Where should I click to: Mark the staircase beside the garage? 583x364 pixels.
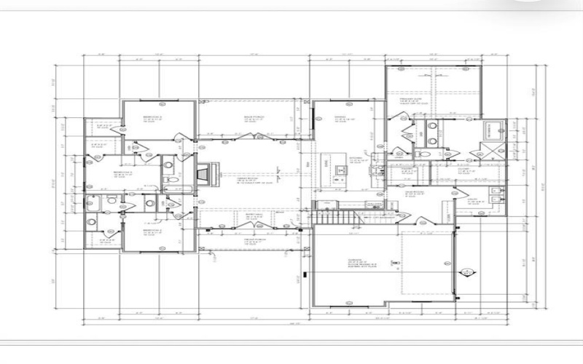[x=337, y=218]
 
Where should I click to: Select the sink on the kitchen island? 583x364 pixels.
[x=339, y=170]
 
